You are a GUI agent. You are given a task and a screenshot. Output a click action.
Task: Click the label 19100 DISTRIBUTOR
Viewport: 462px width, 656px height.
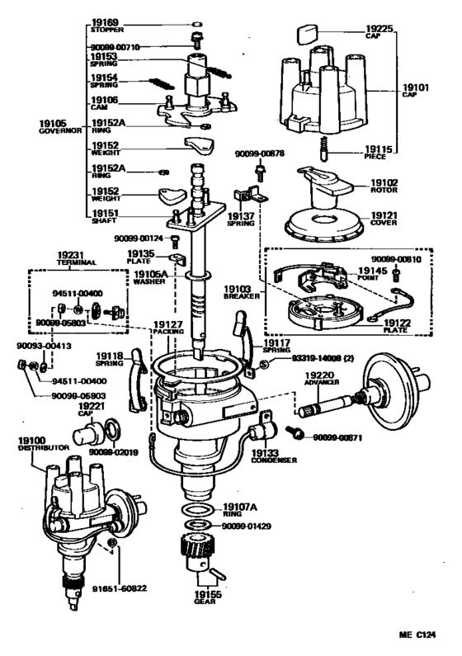point(30,445)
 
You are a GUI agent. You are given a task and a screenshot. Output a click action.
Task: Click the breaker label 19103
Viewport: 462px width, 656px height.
point(235,290)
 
